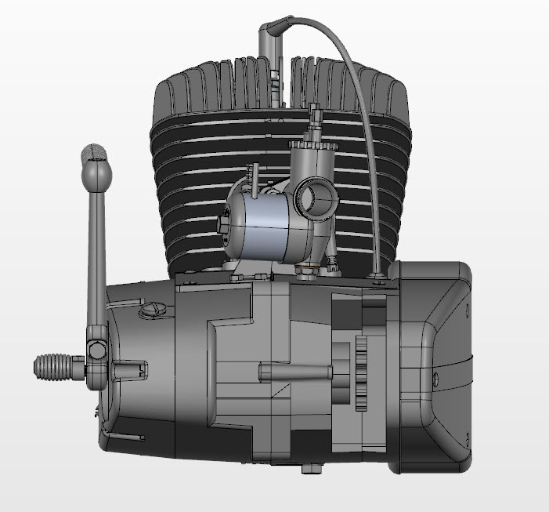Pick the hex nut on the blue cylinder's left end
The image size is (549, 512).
[x=228, y=225]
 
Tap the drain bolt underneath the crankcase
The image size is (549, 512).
[x=312, y=469]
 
